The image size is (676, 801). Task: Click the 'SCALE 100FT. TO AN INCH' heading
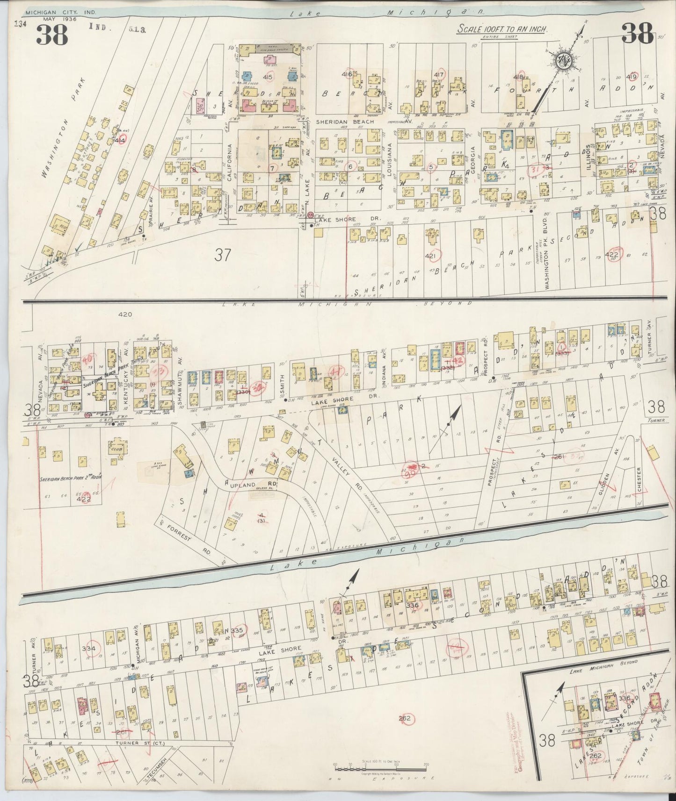pos(502,29)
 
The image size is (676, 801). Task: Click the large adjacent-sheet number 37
pos(224,255)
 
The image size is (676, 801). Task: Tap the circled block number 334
pos(88,649)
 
